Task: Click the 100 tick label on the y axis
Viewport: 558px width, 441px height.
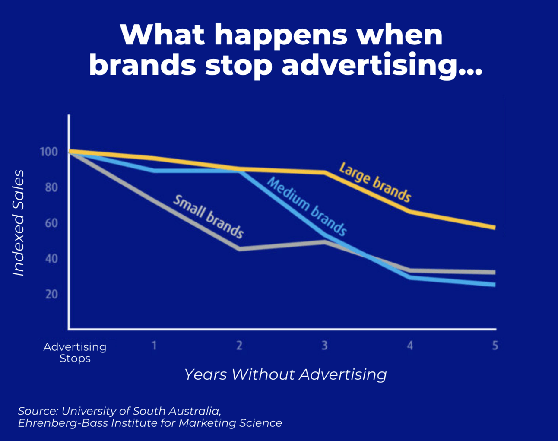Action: point(49,152)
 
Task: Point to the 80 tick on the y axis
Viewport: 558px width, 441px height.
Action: point(51,187)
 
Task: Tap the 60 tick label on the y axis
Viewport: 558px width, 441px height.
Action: point(51,223)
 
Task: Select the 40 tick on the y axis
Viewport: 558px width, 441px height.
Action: point(51,259)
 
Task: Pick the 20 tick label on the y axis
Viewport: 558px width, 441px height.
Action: point(51,295)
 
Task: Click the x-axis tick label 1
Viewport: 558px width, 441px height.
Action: point(154,346)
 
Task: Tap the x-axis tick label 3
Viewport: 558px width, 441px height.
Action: point(325,346)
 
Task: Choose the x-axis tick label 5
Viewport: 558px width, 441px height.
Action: point(495,346)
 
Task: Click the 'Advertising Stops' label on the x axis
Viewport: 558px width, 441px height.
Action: point(75,353)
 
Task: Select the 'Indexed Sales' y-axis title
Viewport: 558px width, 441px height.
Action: point(19,223)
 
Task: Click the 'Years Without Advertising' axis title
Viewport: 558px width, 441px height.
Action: point(285,374)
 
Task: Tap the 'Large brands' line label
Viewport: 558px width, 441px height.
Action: point(375,182)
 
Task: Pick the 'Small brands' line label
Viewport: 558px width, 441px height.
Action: point(208,217)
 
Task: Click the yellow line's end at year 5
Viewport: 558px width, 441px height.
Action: point(495,228)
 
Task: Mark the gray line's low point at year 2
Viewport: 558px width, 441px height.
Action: point(240,249)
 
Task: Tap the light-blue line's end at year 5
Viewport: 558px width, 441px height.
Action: point(495,285)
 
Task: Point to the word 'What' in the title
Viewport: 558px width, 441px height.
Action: point(162,35)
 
